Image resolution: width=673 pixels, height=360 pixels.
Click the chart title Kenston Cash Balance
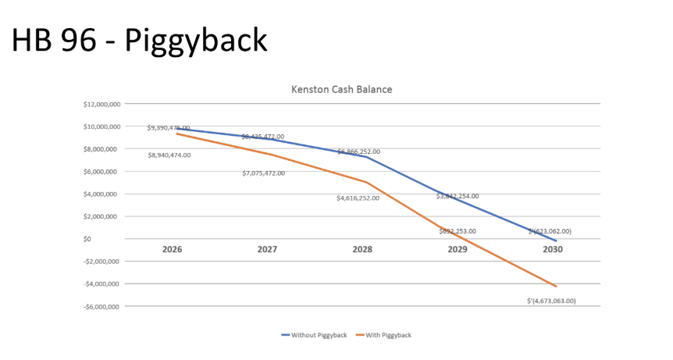coord(341,89)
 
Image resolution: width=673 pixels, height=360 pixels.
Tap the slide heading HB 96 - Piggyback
coord(139,40)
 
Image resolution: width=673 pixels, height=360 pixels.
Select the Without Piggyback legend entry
coord(312,335)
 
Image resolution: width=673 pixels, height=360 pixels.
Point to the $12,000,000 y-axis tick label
coord(103,104)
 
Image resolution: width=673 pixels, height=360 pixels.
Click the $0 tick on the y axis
coord(115,239)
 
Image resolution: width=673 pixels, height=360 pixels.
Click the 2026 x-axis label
coord(173,250)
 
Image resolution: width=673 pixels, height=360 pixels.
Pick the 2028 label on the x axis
coord(362,250)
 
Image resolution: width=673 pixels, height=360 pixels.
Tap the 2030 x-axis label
coord(552,250)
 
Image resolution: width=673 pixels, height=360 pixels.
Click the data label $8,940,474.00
coord(169,155)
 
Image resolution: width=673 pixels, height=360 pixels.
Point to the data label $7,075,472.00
coord(263,173)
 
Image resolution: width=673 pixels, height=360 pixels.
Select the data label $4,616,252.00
coord(358,198)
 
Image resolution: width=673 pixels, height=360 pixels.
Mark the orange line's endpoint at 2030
coord(556,287)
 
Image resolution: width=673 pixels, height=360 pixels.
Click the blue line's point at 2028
coord(365,157)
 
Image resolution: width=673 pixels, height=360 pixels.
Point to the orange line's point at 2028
coord(365,182)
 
